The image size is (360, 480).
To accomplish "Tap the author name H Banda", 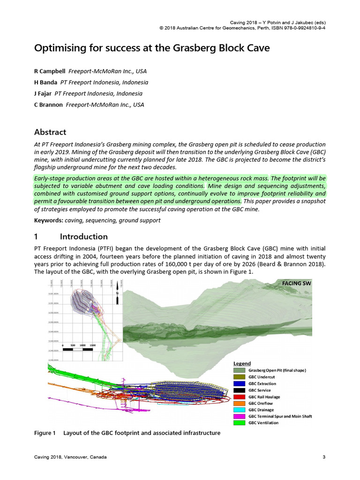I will pos(46,82).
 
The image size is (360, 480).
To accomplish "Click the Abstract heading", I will pos(50,132).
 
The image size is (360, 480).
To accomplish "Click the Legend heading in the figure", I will pos(242,363).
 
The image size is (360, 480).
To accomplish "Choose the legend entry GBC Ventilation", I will pos(263,423).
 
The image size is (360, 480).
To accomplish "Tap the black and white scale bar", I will pos(80,350).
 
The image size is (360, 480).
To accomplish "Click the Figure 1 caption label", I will pos(45,433).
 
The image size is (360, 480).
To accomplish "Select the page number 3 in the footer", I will pos(324,457).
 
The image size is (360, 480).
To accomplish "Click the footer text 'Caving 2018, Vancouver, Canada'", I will pos(70,457).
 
